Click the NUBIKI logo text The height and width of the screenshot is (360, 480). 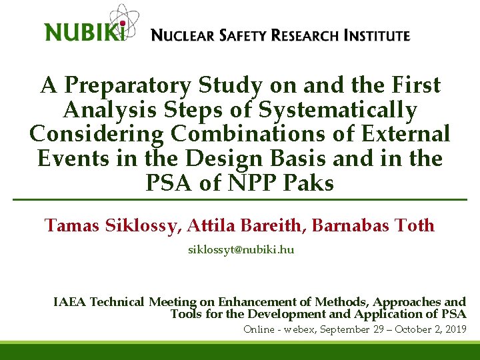84,31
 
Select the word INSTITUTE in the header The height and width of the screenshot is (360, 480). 377,35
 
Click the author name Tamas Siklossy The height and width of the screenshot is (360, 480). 111,226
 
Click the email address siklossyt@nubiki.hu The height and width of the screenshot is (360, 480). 240,250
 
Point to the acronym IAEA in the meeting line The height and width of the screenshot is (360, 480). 69,303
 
